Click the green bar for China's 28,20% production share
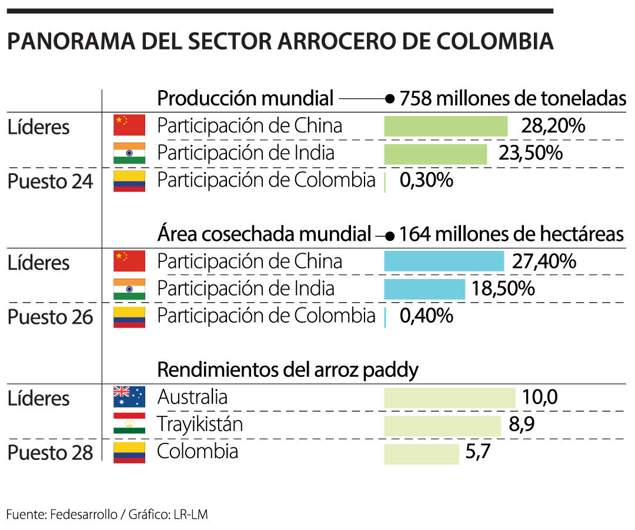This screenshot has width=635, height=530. coord(445,127)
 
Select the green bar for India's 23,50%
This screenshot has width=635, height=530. coord(435,154)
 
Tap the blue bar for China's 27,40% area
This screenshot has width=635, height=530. coord(444,261)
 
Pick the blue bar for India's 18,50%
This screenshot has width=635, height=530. coord(424,289)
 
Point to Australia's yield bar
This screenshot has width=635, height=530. coord(449,397)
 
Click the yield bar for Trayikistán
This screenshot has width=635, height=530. coord(442,425)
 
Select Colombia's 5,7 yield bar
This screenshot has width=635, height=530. coord(421,453)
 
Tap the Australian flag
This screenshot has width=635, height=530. coord(129,397)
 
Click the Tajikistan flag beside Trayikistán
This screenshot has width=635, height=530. coord(129,424)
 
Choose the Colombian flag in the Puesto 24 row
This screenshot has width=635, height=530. coord(129,181)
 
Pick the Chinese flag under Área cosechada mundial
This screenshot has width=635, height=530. coord(129,261)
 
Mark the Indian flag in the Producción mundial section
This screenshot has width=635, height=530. coord(129,153)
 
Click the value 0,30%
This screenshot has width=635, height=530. coord(426,181)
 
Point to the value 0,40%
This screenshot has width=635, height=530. coord(426,316)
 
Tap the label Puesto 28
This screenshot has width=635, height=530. coord(50,453)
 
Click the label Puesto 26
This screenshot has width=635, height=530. coord(50,317)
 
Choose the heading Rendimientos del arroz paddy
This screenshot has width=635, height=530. coord(288,370)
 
